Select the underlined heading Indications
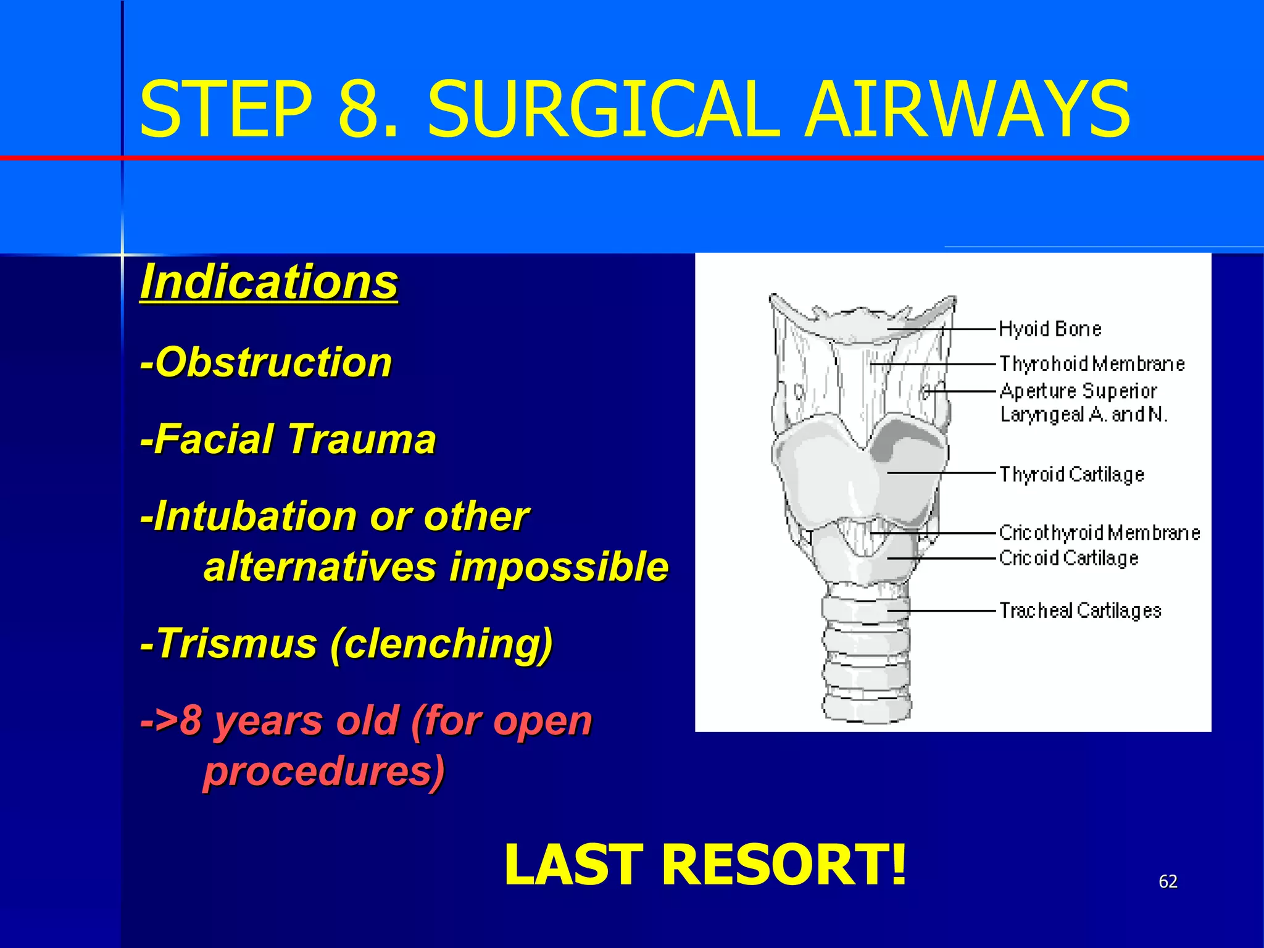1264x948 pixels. click(269, 282)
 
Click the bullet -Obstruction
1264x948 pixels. click(267, 362)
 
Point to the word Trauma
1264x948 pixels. click(362, 439)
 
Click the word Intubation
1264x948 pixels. click(254, 516)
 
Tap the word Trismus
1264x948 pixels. click(236, 644)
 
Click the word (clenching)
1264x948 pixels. click(441, 644)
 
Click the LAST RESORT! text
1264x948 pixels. click(705, 865)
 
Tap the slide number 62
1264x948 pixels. click(1168, 881)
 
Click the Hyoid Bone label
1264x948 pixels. click(1050, 329)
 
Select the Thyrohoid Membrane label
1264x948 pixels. click(1092, 364)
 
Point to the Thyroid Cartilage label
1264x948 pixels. click(1071, 474)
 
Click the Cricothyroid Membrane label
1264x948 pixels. click(1099, 533)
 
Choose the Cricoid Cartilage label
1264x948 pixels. click(1068, 558)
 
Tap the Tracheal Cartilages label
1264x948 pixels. click(1080, 610)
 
